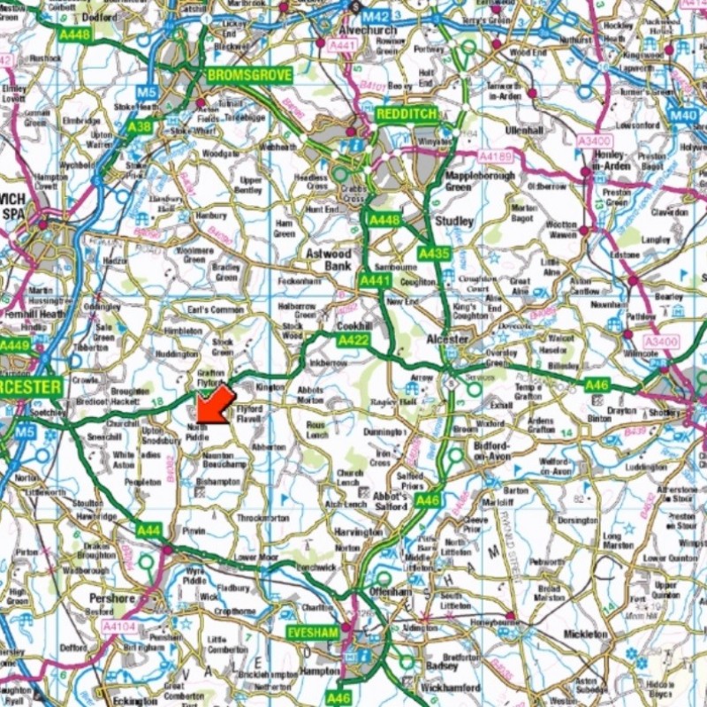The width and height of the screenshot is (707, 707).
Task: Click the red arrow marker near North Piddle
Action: click(212, 404)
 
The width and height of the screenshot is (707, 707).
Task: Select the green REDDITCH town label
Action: click(406, 115)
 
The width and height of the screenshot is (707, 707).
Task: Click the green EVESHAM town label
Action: click(313, 634)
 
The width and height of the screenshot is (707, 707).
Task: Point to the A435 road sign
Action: click(434, 254)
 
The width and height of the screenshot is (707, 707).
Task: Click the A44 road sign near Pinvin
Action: click(149, 530)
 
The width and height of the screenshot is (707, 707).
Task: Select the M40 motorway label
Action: click(682, 115)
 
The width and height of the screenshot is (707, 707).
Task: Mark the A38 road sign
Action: click(139, 126)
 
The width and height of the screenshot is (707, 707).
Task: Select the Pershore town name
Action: click(112, 598)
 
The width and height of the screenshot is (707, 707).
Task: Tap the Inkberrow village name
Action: click(329, 362)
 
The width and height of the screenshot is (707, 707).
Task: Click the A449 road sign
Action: click(15, 346)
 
